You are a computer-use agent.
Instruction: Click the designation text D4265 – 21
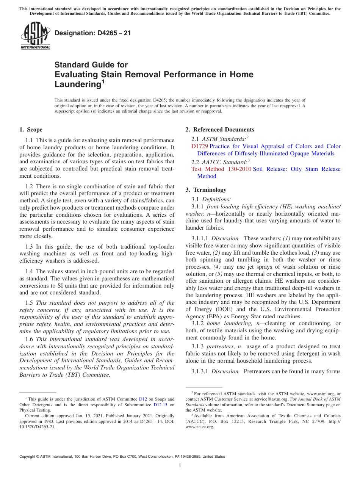pos(92,33)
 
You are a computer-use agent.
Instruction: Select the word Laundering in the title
pos(77,85)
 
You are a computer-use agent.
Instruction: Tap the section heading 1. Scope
pos(31,130)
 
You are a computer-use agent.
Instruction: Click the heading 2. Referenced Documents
pos(219,130)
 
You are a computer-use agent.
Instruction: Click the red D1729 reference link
pos(200,146)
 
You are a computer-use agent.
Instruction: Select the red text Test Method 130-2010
pos(221,169)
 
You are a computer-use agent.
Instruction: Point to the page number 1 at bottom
pos(180,466)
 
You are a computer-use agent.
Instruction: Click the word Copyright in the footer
pos(29,457)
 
